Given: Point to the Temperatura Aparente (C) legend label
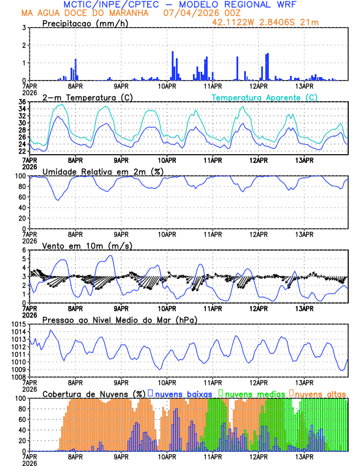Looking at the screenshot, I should point(265,97).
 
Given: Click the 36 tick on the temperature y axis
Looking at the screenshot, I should point(21,102).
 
